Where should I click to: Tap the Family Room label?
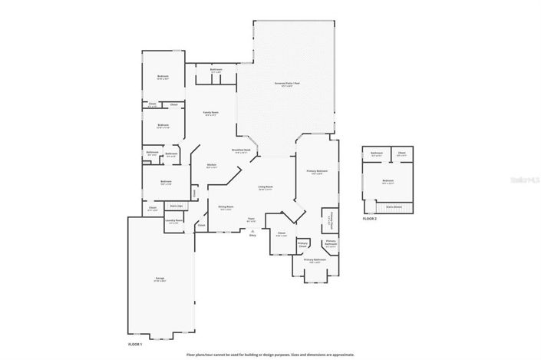tap(211, 113)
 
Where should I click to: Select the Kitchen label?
tap(212, 165)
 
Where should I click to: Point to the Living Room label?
tap(266, 187)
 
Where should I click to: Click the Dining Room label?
tap(226, 206)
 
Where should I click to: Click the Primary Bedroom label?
tap(317, 170)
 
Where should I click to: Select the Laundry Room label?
tap(173, 220)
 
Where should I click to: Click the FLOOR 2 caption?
tap(369, 219)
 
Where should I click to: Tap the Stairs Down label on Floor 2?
tap(394, 206)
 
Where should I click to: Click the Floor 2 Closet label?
tap(402, 153)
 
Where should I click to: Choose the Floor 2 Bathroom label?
tap(377, 153)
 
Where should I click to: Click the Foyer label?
tap(251, 220)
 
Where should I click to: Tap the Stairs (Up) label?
tap(175, 206)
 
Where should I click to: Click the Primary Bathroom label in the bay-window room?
tap(315, 260)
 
